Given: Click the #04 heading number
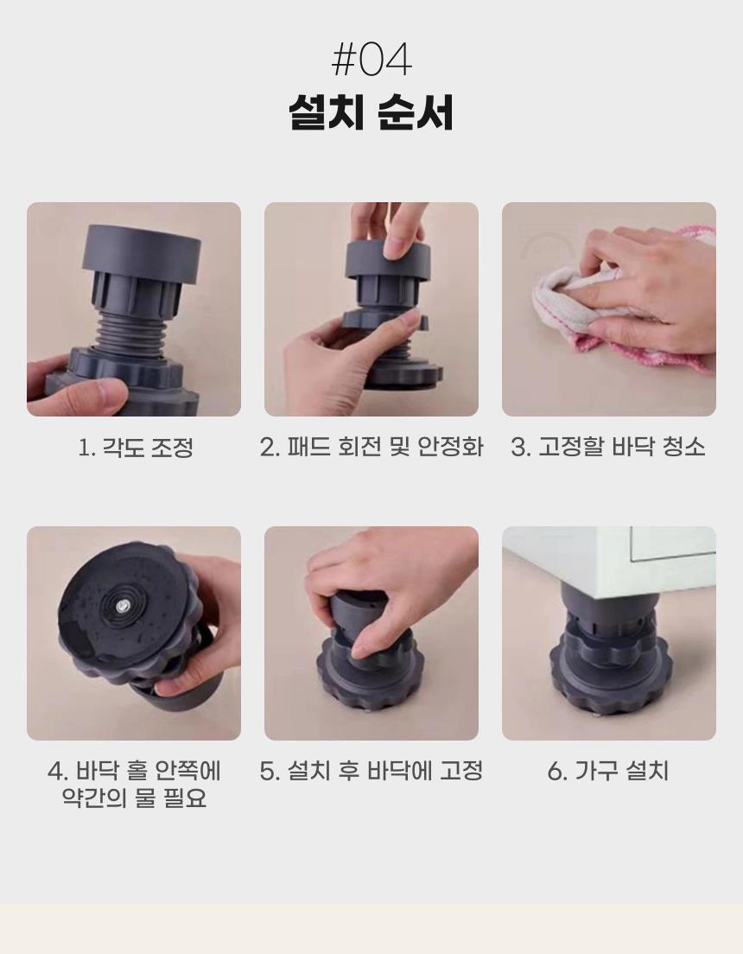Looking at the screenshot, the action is click(371, 60).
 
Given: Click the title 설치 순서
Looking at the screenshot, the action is click(371, 112).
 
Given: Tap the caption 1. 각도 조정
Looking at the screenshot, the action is click(136, 448).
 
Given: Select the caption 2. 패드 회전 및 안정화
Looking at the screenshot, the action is click(371, 448).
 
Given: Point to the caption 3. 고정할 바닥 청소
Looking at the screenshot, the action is click(608, 448).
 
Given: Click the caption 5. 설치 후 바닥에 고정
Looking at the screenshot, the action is click(371, 771).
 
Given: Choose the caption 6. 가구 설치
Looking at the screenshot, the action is click(608, 771).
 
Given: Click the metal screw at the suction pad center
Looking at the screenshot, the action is click(123, 603).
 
